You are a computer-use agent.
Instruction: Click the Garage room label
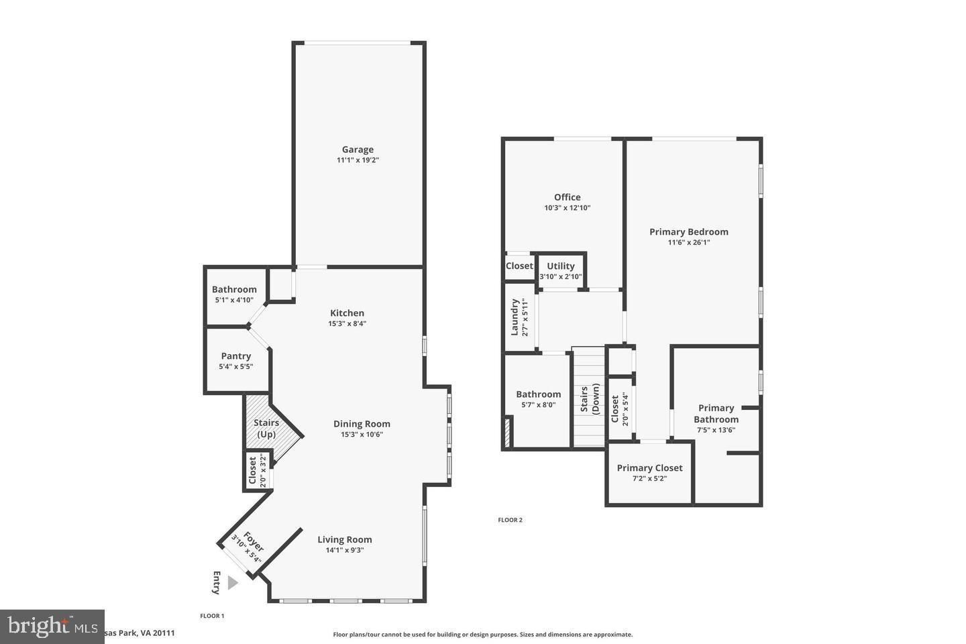358,150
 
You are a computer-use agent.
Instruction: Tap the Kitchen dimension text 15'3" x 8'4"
347,323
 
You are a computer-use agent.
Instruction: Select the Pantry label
235,356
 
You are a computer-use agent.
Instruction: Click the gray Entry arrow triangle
232,582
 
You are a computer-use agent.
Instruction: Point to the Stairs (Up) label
266,429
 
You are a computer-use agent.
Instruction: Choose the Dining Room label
362,423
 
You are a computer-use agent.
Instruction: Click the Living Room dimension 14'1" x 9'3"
344,550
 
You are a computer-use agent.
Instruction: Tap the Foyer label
253,542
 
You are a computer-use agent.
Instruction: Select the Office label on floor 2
567,197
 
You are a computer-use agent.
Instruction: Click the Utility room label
560,266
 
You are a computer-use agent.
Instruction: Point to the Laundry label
515,317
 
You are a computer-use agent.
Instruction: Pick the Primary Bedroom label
688,231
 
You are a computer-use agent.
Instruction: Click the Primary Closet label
649,468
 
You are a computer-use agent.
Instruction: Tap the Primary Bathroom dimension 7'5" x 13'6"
716,430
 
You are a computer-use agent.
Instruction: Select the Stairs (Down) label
590,400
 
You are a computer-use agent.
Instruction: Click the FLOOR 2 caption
510,520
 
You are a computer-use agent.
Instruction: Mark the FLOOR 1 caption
212,616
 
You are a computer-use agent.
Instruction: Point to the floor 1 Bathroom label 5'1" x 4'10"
234,289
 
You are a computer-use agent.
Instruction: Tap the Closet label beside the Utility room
519,266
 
